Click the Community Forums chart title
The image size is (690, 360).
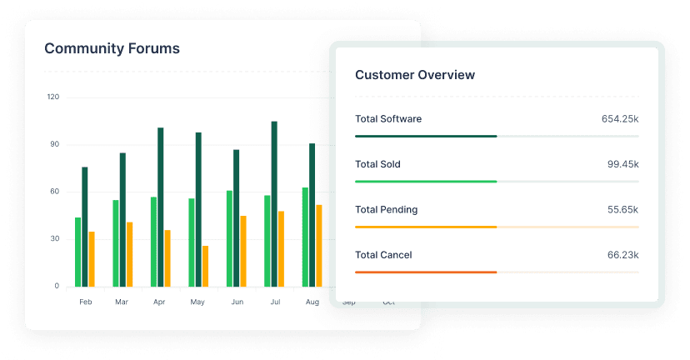(112, 48)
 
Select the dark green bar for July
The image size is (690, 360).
(274, 204)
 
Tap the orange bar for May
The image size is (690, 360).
(205, 266)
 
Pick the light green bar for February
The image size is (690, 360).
(77, 252)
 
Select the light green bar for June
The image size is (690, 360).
(229, 238)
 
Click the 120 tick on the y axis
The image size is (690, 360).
(53, 97)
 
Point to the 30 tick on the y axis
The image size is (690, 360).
(55, 239)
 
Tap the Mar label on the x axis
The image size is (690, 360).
(122, 302)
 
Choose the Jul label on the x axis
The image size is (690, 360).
(274, 302)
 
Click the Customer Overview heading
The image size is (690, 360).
(415, 75)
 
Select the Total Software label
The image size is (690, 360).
(388, 119)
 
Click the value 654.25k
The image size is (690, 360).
(620, 119)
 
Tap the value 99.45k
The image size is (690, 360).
(623, 164)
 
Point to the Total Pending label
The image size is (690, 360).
(386, 210)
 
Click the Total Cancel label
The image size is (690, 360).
(383, 255)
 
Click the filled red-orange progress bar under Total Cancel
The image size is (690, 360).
(426, 272)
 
